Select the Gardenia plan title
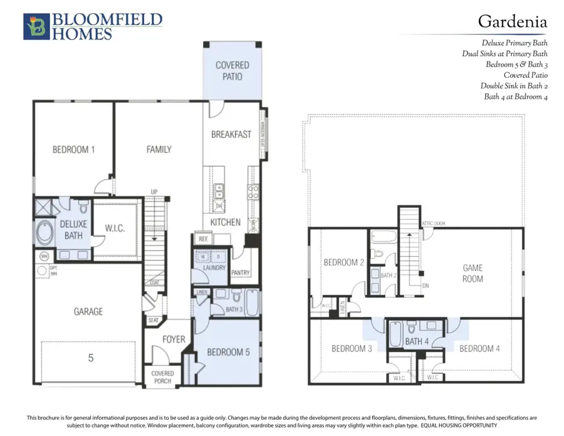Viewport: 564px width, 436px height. coord(512,21)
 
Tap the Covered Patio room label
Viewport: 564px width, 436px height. coord(232,70)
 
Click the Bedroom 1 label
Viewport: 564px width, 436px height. coord(73,149)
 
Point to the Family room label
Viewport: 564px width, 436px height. coord(159,149)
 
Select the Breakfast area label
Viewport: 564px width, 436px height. coord(231,134)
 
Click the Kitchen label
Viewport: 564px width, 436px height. coord(225,222)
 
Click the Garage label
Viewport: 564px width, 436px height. coord(88,311)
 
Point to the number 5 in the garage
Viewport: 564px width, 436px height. coord(91,358)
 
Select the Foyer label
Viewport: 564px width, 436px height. coord(174,339)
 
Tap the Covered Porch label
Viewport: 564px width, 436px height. coord(163,377)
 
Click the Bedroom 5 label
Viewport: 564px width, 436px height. coord(228,352)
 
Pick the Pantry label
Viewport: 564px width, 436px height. coord(241,273)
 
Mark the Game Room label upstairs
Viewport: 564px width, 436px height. coord(473,273)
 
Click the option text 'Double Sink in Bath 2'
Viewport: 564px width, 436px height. coord(514,86)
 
